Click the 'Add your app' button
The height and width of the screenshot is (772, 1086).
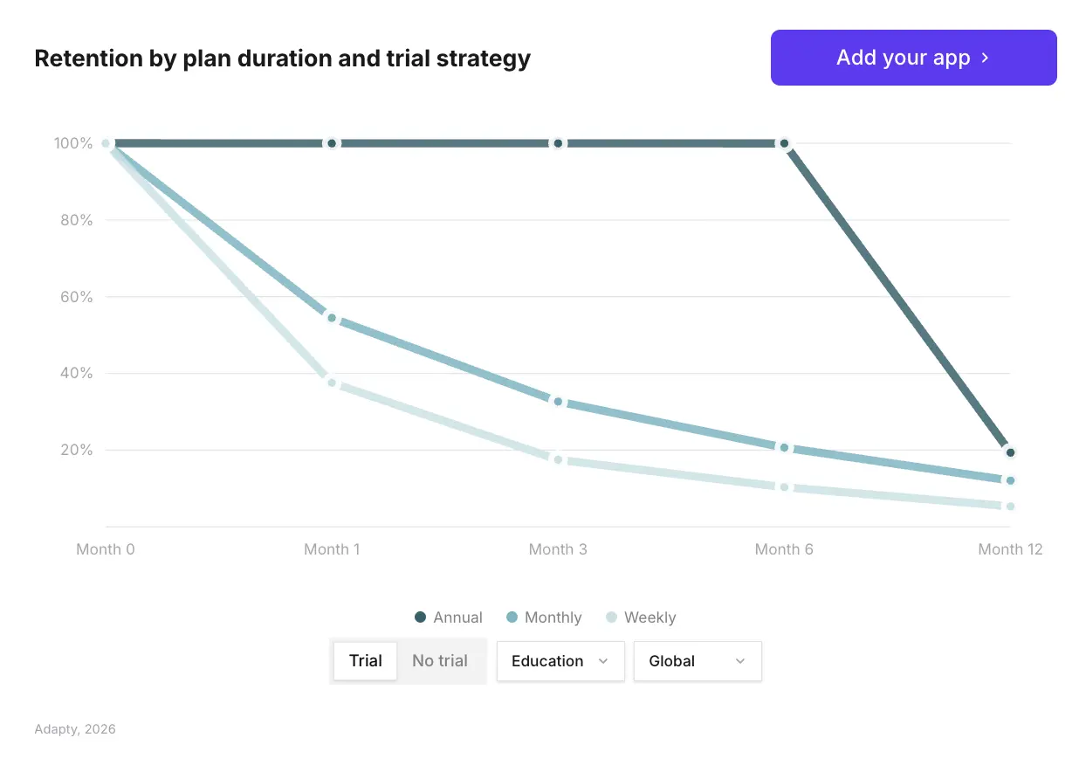point(913,58)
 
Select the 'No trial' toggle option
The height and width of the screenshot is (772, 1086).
point(440,660)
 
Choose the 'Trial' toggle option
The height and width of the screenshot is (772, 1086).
point(366,660)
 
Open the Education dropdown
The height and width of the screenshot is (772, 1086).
point(560,661)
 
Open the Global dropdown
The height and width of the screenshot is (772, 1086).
point(698,661)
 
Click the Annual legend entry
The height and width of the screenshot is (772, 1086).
point(449,617)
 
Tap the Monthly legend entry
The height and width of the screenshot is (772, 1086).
point(544,617)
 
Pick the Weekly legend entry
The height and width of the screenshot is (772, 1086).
point(641,617)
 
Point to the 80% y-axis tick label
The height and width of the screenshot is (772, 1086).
point(76,220)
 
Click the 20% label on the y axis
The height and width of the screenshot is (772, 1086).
point(76,450)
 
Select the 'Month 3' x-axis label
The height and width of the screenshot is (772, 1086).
point(558,549)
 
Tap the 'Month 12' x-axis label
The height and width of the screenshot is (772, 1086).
point(1010,549)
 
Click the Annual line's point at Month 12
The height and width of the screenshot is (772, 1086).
point(1010,452)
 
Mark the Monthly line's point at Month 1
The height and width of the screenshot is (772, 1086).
point(332,318)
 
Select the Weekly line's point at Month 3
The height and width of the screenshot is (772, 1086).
point(558,459)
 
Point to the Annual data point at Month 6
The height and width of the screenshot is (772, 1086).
point(784,143)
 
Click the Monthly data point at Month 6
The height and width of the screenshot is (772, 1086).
point(784,448)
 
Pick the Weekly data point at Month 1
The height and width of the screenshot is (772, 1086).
point(332,383)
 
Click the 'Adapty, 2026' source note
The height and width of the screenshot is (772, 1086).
point(75,729)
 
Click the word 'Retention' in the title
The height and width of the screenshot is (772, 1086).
point(89,59)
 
